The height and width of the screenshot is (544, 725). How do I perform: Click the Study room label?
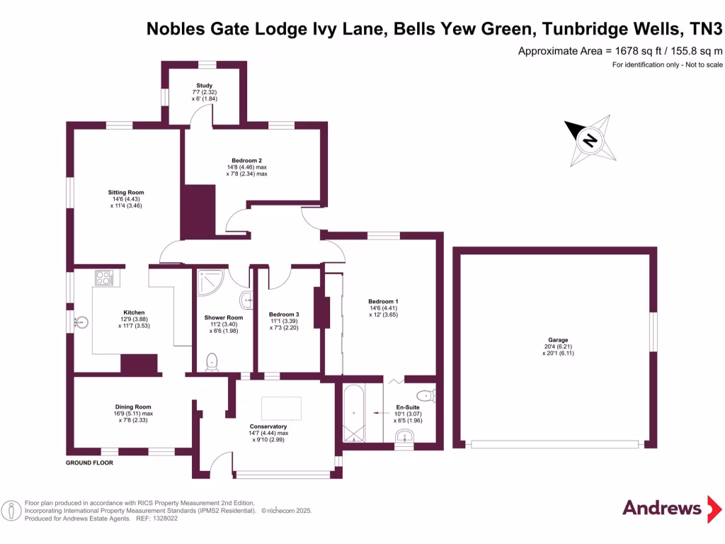pos(205,86)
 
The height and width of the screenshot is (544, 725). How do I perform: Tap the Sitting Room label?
pos(126,193)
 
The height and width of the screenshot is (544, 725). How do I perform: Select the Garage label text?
pos(558,340)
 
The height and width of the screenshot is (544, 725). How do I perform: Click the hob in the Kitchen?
pos(104,278)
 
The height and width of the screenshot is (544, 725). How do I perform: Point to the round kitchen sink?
pos(82,322)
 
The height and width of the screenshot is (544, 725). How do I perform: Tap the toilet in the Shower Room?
pos(212,362)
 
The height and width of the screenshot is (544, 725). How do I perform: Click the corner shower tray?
pos(210,282)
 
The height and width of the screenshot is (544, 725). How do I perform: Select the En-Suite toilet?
pos(426,396)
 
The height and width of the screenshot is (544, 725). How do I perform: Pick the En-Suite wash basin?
pos(404,436)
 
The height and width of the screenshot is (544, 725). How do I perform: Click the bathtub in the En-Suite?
pos(354,413)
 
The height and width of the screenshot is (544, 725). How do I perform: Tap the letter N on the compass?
pos(590,140)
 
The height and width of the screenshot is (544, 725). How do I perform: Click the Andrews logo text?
pos(662,508)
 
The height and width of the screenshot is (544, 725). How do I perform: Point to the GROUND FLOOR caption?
pos(89,463)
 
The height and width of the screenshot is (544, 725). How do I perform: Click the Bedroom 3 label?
pos(284,314)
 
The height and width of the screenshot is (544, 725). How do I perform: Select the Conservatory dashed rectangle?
pos(282,409)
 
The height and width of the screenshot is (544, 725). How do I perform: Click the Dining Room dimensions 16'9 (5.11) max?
pos(133,414)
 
